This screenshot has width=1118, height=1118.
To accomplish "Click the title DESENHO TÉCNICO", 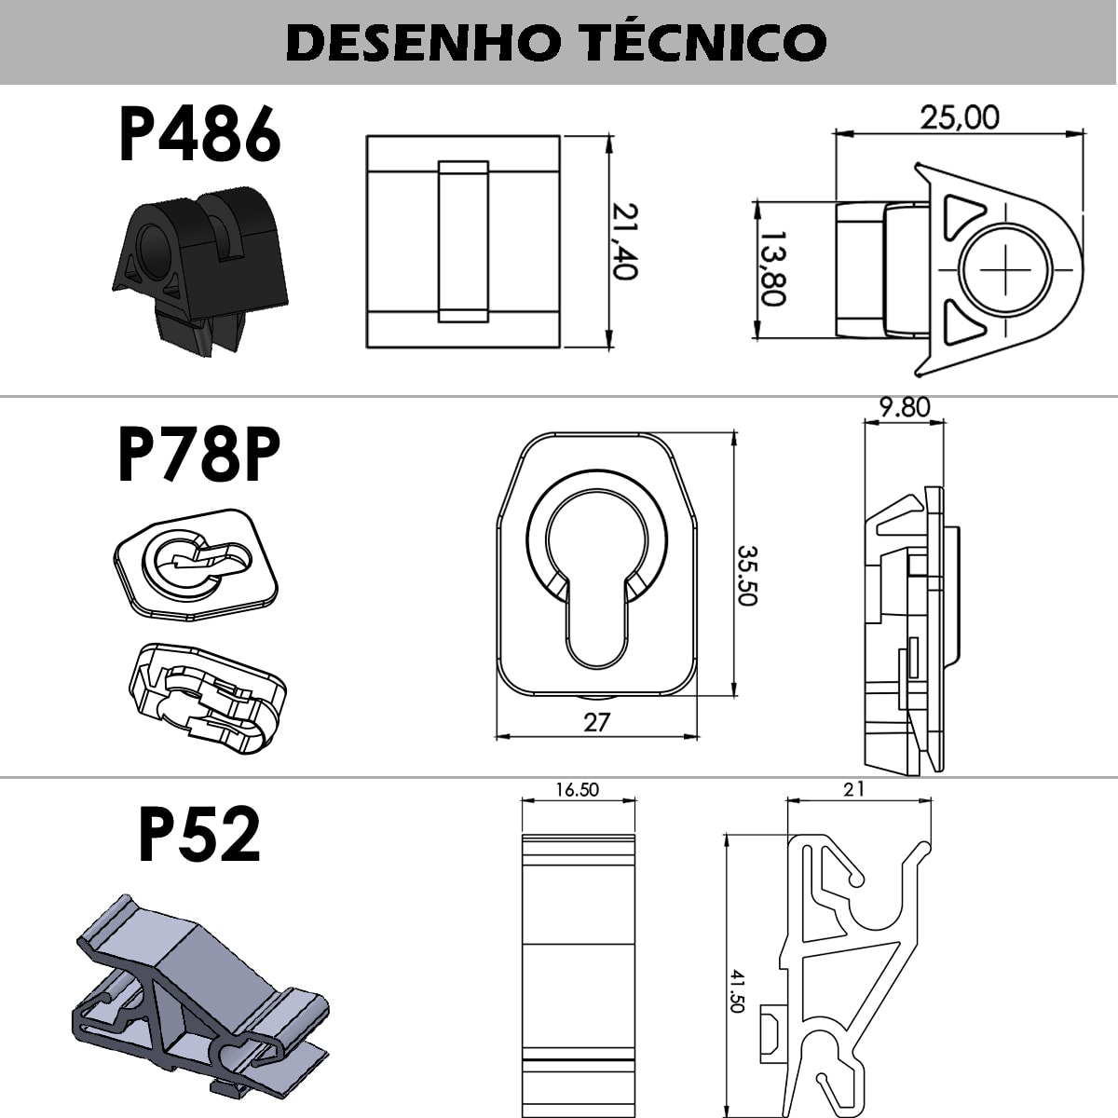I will tap(557, 42).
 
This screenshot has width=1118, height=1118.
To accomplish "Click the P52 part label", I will tap(199, 834).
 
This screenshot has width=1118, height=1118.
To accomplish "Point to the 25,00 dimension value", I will tap(960, 117).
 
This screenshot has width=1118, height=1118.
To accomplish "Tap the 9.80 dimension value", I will tap(904, 407).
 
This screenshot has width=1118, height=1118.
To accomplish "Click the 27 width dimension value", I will tap(596, 721).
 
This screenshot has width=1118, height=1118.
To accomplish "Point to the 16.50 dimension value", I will tap(578, 790).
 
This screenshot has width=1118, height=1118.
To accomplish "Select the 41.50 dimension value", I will tap(736, 991).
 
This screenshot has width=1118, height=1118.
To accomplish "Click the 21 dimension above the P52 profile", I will tap(853, 789).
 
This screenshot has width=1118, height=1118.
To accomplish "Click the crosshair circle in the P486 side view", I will tap(1008, 269).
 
